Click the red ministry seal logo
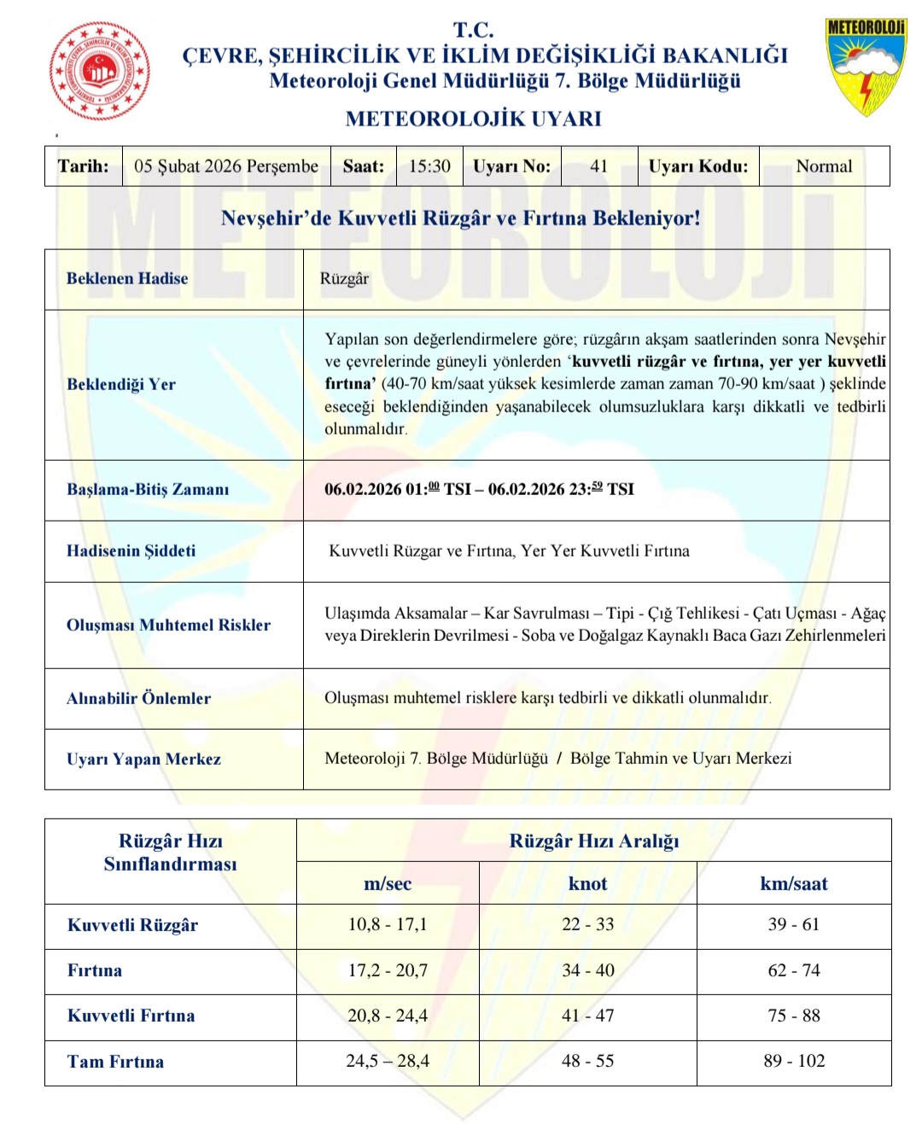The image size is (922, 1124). [x=100, y=70]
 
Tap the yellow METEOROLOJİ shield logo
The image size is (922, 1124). [x=866, y=66]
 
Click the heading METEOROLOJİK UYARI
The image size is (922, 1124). [x=473, y=119]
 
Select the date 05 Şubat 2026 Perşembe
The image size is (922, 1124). [x=226, y=166]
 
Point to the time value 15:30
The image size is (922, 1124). [x=429, y=166]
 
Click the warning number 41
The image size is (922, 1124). [x=598, y=166]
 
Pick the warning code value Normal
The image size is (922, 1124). [x=824, y=166]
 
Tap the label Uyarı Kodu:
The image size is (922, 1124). [x=697, y=166]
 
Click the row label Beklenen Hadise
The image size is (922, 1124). [x=127, y=278]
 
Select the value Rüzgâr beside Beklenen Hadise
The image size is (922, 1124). [x=345, y=278]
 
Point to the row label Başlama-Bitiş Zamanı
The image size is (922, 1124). [x=148, y=489]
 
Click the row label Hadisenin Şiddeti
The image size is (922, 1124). [x=131, y=550]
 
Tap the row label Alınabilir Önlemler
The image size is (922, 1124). [x=138, y=698]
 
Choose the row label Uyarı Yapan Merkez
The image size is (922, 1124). [x=143, y=759]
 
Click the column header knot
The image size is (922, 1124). [x=587, y=883]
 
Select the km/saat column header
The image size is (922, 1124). [x=794, y=883]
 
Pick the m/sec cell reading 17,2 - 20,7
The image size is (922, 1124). [x=388, y=970]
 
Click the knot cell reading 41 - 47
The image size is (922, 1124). [x=587, y=1016]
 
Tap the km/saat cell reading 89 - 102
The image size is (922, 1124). [x=794, y=1061]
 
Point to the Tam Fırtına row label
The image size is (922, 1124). [x=115, y=1062]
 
